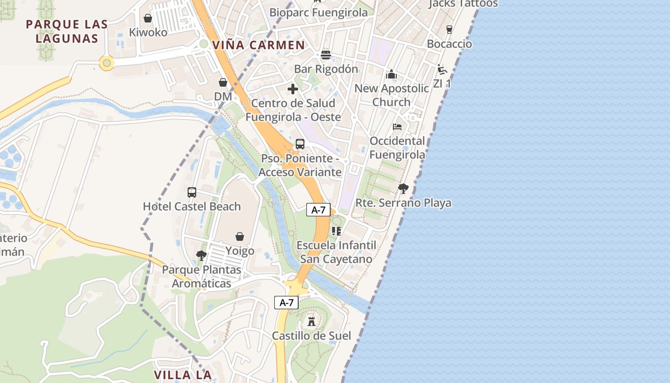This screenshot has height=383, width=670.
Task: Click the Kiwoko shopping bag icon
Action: (x=148, y=18)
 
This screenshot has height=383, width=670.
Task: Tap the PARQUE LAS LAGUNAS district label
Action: (x=67, y=31)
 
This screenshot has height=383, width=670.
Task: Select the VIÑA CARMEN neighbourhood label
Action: (x=258, y=45)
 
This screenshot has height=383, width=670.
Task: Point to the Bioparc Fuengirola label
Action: (x=318, y=12)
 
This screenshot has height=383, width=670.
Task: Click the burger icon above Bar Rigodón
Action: (x=326, y=55)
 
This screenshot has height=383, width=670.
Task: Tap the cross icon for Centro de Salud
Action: (x=293, y=89)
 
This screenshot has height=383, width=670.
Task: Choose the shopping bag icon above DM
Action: (x=223, y=82)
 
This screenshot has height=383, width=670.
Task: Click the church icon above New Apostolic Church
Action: (x=391, y=75)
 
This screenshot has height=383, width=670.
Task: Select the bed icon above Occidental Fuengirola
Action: (x=397, y=127)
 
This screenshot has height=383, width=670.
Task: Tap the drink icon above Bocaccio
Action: (x=449, y=30)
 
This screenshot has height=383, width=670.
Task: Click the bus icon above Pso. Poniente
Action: (x=300, y=144)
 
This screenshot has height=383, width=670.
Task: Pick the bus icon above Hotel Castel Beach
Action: (x=192, y=192)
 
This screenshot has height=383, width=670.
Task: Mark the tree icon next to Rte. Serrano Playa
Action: (x=403, y=189)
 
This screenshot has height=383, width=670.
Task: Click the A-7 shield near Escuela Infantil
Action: (x=318, y=210)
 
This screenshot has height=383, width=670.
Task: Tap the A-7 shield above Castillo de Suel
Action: (x=286, y=303)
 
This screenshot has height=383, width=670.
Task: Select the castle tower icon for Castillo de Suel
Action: (x=312, y=321)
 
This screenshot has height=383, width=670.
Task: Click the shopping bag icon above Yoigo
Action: (x=240, y=237)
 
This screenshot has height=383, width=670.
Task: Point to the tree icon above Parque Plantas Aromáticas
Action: (x=201, y=256)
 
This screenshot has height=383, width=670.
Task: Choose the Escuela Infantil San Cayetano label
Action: (x=336, y=252)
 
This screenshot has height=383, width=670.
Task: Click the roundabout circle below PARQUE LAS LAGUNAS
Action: (x=106, y=63)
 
